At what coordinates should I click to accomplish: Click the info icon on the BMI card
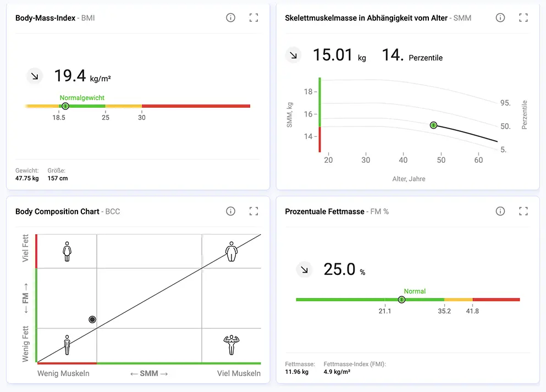(230, 18)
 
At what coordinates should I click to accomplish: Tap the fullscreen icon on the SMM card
(523, 18)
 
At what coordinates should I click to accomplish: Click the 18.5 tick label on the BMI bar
(59, 118)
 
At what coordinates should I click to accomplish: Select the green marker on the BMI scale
(65, 106)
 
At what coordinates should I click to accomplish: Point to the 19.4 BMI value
(70, 75)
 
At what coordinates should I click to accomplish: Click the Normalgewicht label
(82, 98)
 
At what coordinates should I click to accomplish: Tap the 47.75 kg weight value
(27, 178)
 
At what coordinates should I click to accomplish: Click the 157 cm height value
(58, 178)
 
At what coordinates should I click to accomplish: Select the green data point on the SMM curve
(433, 125)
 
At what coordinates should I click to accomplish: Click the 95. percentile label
(505, 103)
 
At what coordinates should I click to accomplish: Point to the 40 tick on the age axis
(403, 160)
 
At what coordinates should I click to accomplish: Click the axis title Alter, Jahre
(409, 179)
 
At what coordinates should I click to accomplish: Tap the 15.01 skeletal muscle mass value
(333, 55)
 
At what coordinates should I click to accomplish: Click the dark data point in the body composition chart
(92, 319)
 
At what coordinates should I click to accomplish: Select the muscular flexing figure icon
(231, 345)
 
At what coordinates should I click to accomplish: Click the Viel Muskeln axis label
(239, 373)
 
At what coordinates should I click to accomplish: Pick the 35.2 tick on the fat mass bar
(444, 311)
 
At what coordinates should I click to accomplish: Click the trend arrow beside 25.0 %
(304, 269)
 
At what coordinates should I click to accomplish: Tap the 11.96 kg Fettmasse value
(297, 372)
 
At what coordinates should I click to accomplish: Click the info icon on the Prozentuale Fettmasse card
(500, 211)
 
